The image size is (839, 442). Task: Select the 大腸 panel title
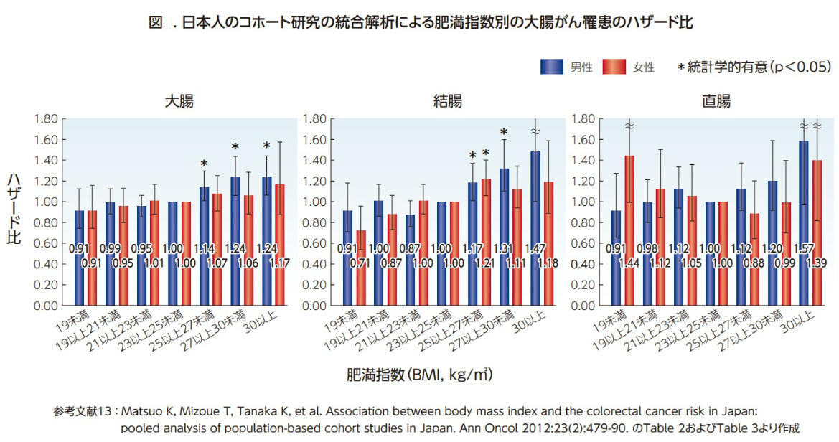tap(179, 101)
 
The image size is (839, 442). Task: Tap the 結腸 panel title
tap(448, 101)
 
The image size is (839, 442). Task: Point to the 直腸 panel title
tap(716, 101)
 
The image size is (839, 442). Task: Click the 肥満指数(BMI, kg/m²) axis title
tap(419, 375)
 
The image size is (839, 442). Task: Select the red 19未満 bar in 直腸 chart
tap(629, 230)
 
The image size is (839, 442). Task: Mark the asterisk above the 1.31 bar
tap(504, 132)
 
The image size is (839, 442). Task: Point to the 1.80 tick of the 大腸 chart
tap(46, 118)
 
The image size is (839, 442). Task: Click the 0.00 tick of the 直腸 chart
tap(583, 306)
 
